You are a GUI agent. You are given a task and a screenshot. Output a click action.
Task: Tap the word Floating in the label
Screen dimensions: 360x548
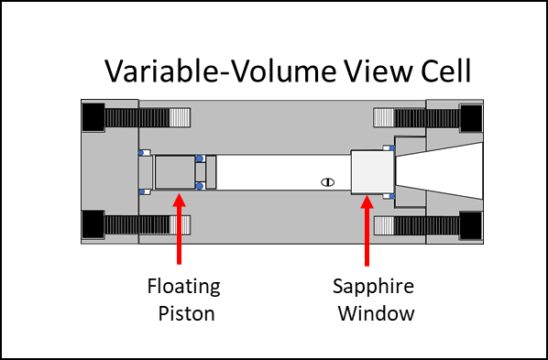tap(184, 287)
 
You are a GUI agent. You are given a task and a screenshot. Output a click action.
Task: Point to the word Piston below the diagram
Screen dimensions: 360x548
tap(184, 313)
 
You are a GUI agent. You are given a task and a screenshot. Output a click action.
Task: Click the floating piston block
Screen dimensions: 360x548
tap(174, 172)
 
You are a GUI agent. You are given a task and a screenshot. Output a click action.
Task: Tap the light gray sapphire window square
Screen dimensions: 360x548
tap(371, 171)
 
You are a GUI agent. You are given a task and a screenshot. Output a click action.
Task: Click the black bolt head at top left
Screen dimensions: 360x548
tap(93, 118)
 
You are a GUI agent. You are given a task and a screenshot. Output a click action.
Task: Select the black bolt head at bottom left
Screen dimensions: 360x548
tap(93, 224)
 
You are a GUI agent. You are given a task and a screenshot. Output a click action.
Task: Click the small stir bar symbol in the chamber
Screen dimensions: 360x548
tap(325, 181)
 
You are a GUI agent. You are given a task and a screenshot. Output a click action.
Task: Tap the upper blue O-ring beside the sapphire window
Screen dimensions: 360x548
tap(392, 147)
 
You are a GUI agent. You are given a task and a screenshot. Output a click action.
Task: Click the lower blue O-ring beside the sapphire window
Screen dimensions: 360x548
tap(392, 195)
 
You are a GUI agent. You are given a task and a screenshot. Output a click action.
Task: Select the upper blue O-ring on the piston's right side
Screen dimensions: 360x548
tap(200, 158)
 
